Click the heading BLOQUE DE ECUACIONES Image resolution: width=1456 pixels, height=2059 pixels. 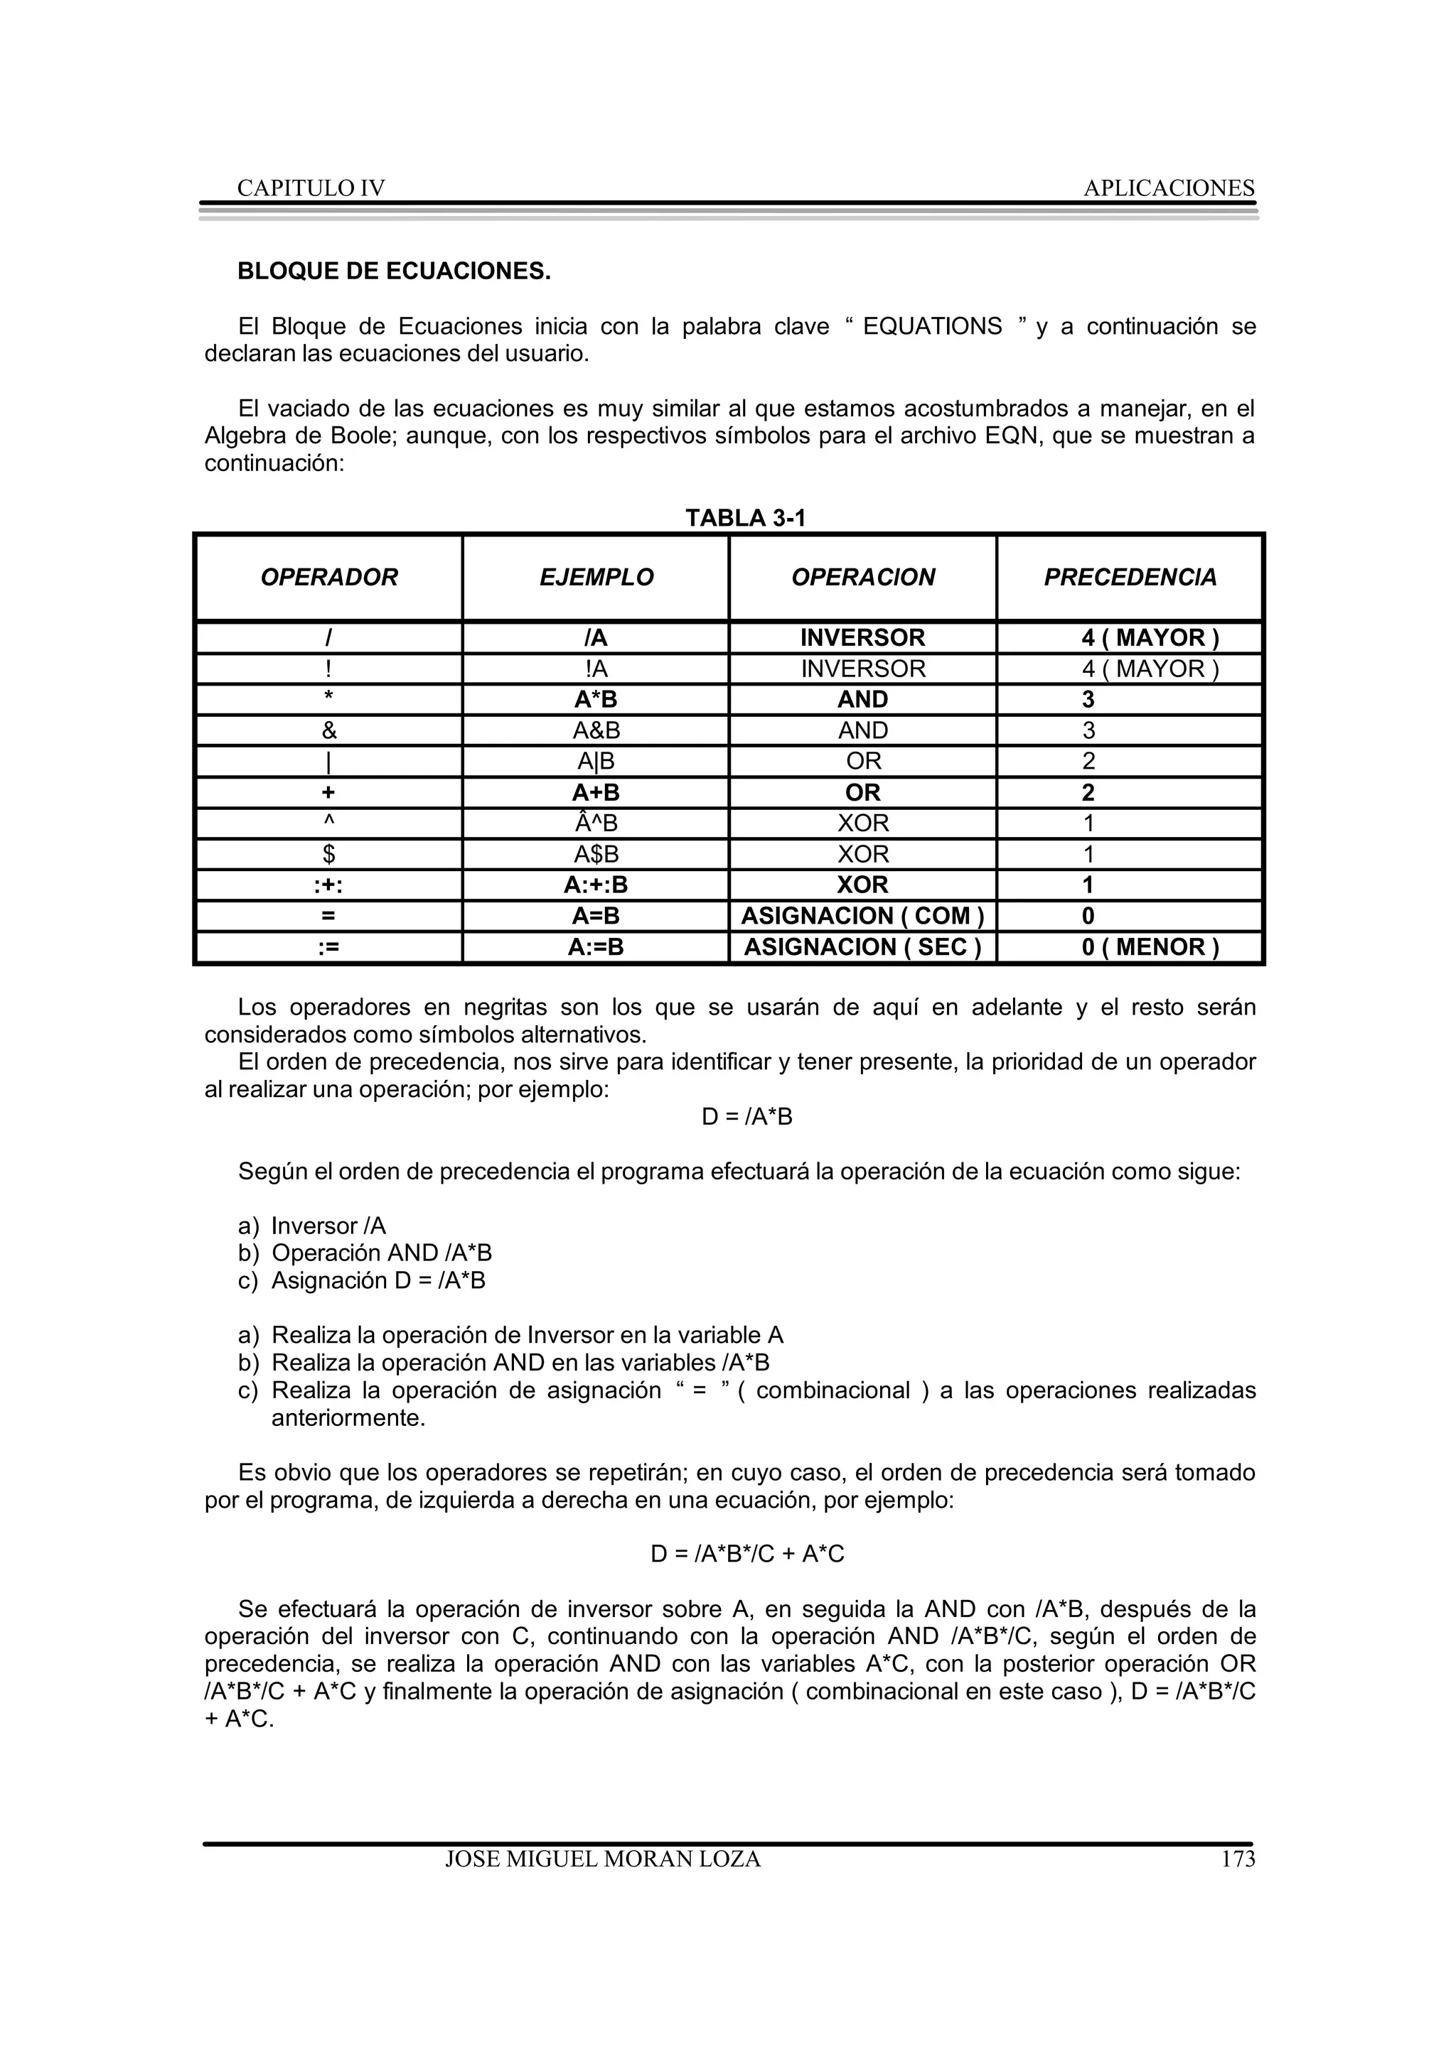[x=393, y=271]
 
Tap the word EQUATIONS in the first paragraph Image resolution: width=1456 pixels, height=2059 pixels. [x=931, y=326]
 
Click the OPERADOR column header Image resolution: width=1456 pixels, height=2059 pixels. [x=328, y=578]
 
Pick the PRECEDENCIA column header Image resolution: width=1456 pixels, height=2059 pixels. [x=1130, y=578]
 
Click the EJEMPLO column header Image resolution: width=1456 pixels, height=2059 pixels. [x=596, y=578]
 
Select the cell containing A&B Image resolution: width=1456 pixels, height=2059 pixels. [x=596, y=731]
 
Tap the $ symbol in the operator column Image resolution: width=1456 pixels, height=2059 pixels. [x=328, y=855]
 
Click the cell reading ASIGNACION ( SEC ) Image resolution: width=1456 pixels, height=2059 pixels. [x=862, y=948]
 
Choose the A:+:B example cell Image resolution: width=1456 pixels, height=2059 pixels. [x=596, y=886]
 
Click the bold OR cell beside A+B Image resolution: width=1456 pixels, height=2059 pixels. [x=862, y=793]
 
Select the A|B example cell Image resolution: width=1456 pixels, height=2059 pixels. [x=596, y=762]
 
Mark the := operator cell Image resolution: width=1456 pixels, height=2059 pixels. [x=328, y=948]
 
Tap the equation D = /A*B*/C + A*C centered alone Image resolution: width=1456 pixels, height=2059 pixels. [x=746, y=1554]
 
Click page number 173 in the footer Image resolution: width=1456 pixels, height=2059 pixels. [x=1237, y=1860]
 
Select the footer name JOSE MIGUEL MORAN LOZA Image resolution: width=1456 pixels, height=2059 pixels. [x=603, y=1860]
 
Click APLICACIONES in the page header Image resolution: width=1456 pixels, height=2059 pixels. [x=1168, y=188]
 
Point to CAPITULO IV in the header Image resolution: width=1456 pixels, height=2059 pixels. [x=311, y=188]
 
